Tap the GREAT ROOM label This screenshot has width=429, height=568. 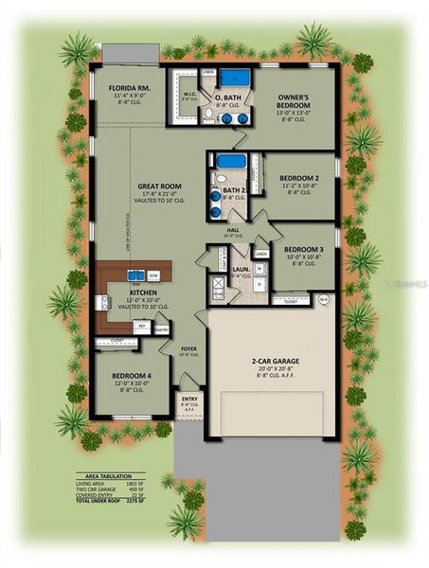tap(153, 187)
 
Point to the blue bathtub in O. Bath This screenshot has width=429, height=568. tap(241, 78)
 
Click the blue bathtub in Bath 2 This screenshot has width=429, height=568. tap(229, 161)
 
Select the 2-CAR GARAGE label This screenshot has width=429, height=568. tap(272, 362)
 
